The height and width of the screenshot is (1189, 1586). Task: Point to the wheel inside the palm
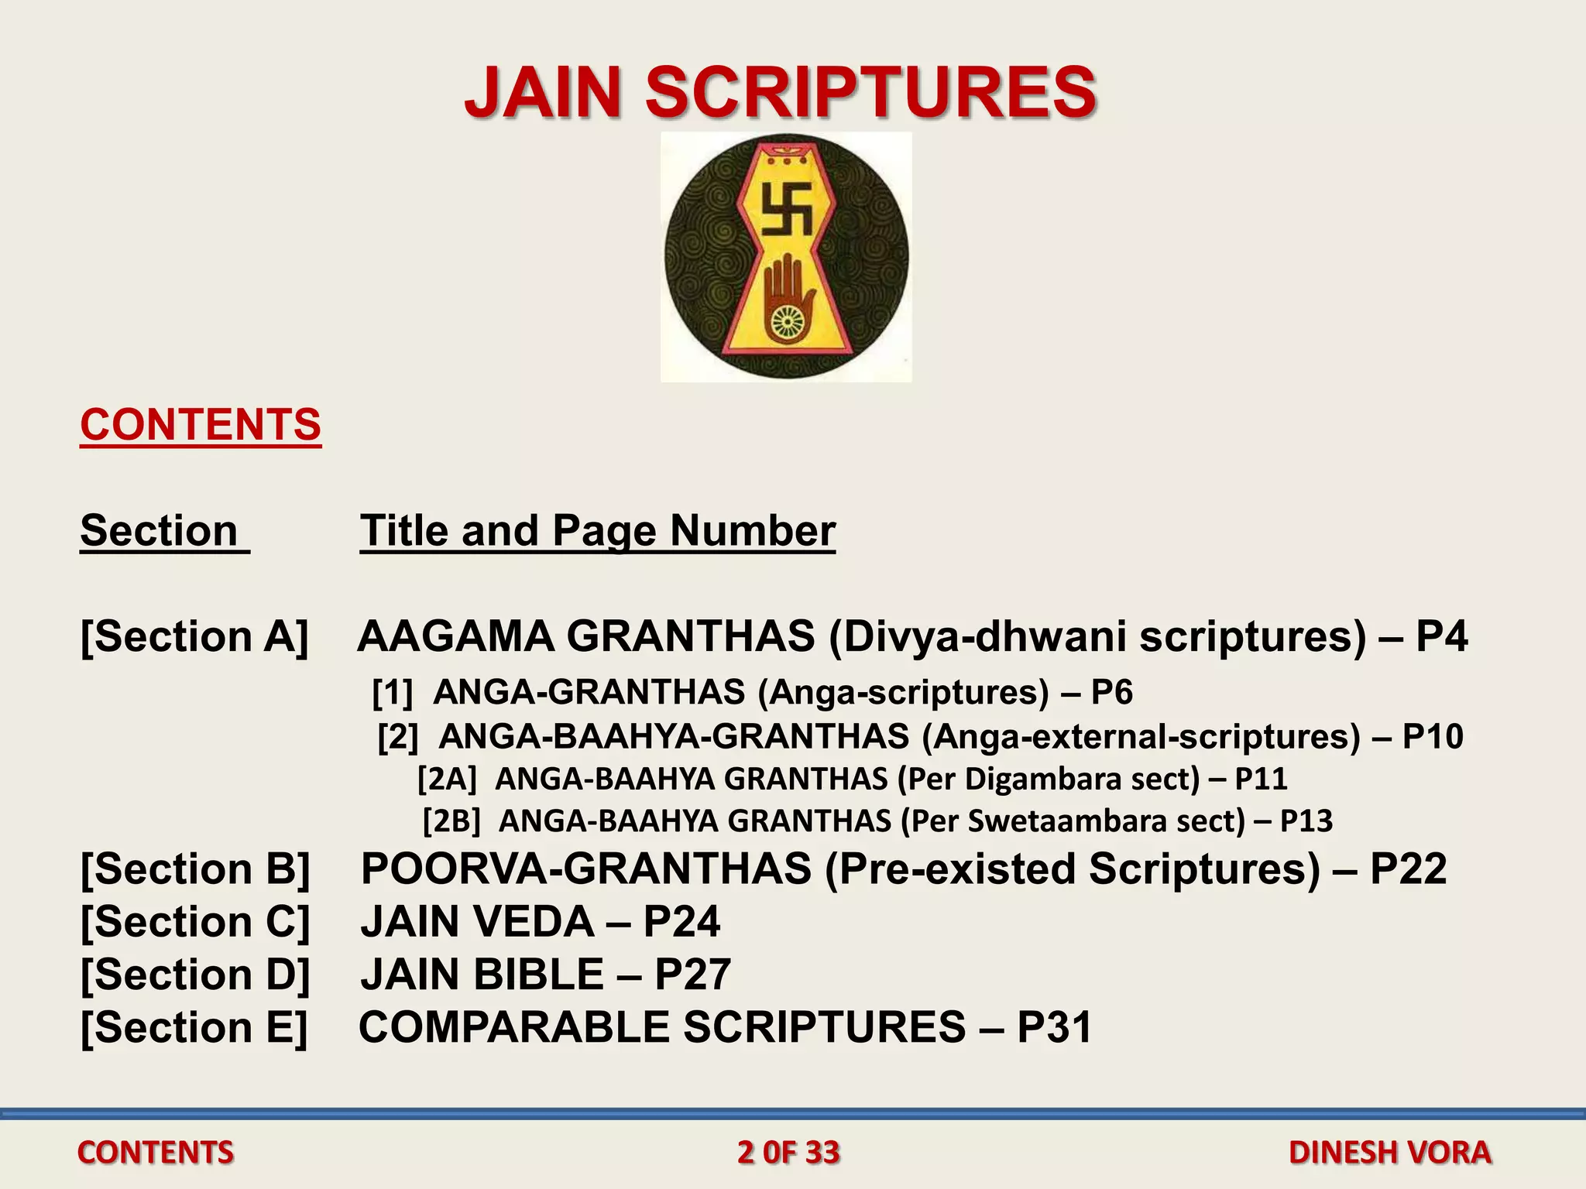787,320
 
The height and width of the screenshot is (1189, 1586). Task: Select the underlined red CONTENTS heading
201,425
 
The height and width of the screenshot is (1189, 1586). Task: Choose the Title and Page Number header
597,531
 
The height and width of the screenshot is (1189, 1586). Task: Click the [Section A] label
194,636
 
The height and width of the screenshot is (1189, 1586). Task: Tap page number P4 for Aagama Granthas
1441,636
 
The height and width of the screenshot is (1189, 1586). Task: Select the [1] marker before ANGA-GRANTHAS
393,692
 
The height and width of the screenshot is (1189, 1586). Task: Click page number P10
1433,736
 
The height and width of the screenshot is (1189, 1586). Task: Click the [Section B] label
195,869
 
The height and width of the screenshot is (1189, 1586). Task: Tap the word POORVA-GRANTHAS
585,869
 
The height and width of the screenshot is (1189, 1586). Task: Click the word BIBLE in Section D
539,975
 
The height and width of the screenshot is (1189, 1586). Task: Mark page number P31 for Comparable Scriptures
1054,1027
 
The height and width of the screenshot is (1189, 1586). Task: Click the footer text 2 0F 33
788,1153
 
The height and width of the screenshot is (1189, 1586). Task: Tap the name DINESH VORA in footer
1389,1153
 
